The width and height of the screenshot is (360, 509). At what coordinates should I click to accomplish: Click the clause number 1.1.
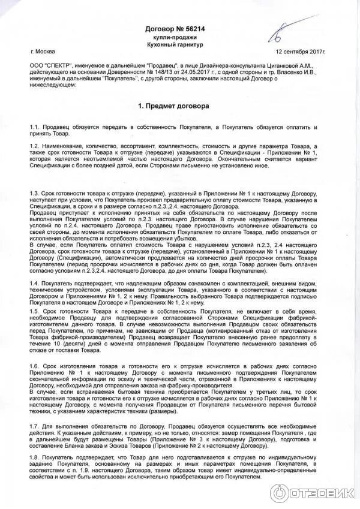pyautogui.click(x=34, y=128)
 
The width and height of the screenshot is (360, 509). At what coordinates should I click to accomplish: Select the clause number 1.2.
pyautogui.click(x=34, y=147)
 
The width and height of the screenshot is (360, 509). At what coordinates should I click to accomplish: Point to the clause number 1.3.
pyautogui.click(x=34, y=194)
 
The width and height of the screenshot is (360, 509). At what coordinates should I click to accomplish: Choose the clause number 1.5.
pyautogui.click(x=34, y=312)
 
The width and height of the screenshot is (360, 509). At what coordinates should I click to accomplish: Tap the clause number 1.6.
pyautogui.click(x=34, y=365)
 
